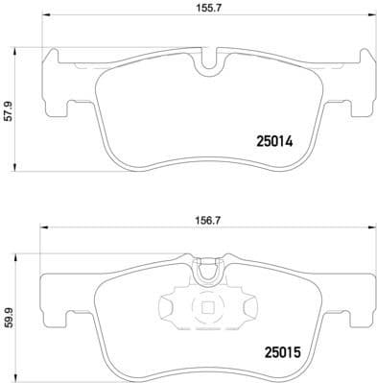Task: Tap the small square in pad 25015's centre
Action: [206, 308]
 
